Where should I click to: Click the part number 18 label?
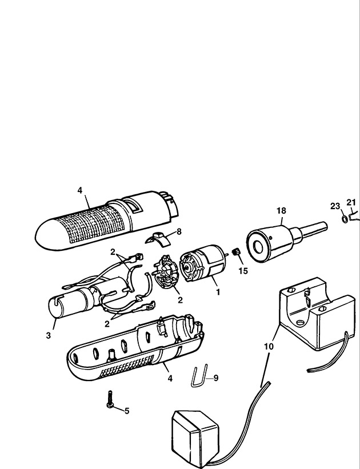click(281, 211)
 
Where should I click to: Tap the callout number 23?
click(335, 206)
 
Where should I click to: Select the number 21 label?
click(351, 202)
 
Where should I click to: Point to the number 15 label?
click(243, 271)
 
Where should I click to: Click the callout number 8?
click(179, 231)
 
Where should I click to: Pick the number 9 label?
click(216, 378)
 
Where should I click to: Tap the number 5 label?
click(127, 411)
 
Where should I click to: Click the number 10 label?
click(269, 346)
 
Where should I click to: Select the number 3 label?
click(49, 335)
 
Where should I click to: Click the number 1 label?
click(218, 292)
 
